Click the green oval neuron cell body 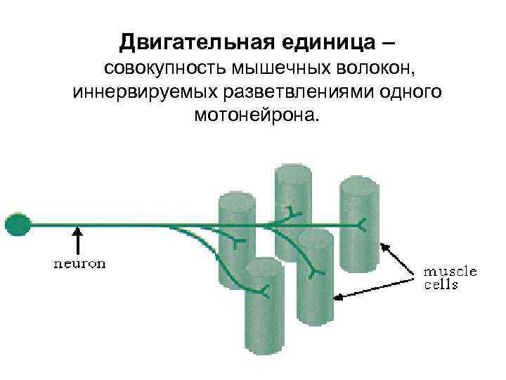click(x=18, y=224)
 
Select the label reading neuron click(x=81, y=264)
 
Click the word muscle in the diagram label click(x=450, y=271)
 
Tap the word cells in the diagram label click(x=441, y=284)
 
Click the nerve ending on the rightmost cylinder click(x=362, y=225)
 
